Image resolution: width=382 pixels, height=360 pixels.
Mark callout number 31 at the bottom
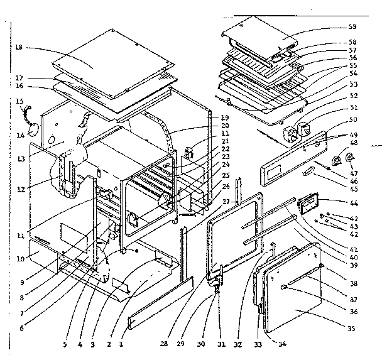(220, 344)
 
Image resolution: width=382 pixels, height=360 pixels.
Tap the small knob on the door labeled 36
(284, 286)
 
